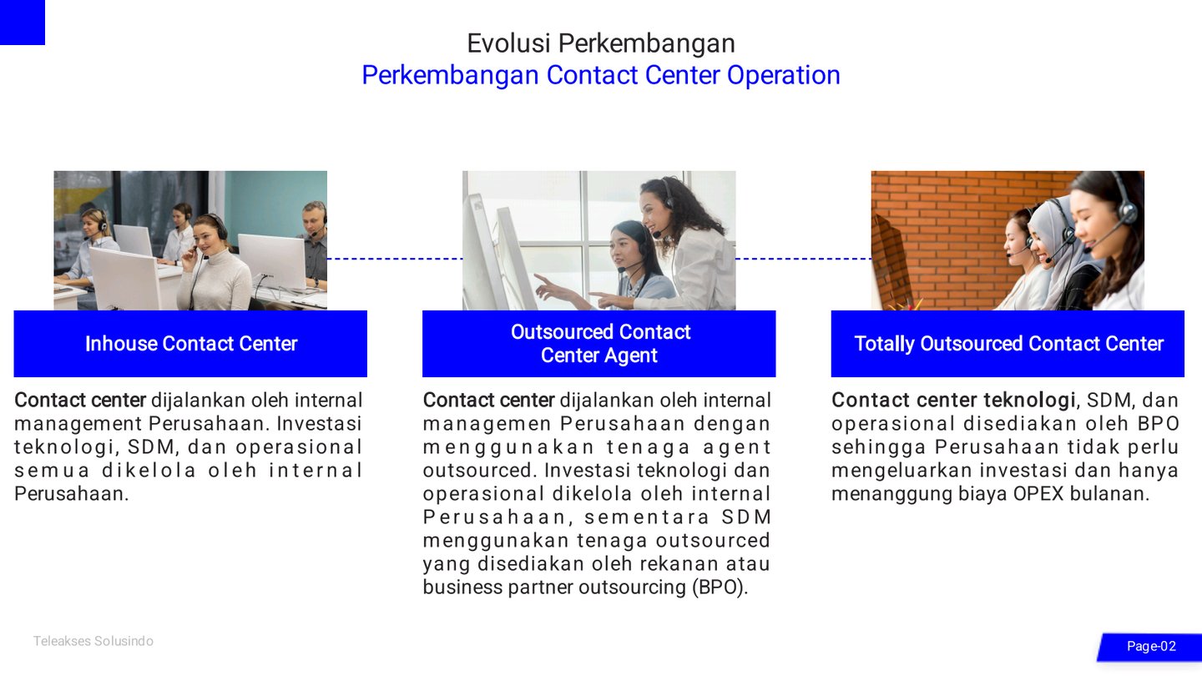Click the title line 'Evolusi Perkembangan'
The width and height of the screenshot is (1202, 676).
[x=600, y=43]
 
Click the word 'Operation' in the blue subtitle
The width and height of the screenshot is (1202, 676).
[x=784, y=75]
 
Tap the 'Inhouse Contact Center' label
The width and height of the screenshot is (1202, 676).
[x=191, y=343]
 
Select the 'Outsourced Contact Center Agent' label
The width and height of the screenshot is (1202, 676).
[x=600, y=343]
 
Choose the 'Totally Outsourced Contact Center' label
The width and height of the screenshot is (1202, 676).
[x=1009, y=343]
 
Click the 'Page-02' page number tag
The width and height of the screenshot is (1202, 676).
[x=1150, y=647]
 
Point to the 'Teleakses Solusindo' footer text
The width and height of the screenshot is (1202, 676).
[x=93, y=641]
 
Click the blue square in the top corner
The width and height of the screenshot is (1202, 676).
[x=22, y=22]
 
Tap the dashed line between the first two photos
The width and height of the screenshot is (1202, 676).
[x=395, y=259]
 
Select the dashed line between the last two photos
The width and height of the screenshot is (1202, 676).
[x=803, y=259]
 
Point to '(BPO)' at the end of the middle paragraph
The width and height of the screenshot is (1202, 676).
[x=720, y=588]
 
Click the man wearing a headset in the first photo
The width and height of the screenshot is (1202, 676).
[x=315, y=241]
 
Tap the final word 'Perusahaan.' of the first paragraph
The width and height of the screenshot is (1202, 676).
[x=72, y=494]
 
